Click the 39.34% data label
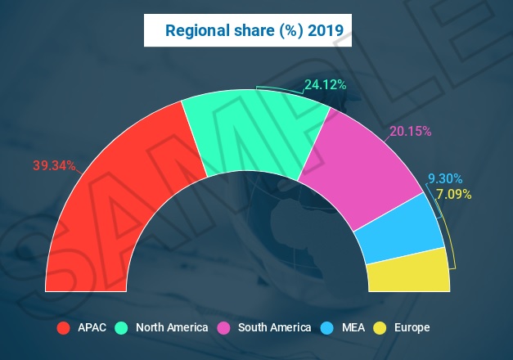point(54,165)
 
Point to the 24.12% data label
point(325,84)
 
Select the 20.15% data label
point(410,131)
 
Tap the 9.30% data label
point(445,178)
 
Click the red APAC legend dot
point(63,328)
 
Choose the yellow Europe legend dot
point(380,328)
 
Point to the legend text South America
point(274,328)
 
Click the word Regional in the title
point(195,31)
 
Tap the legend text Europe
point(412,328)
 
